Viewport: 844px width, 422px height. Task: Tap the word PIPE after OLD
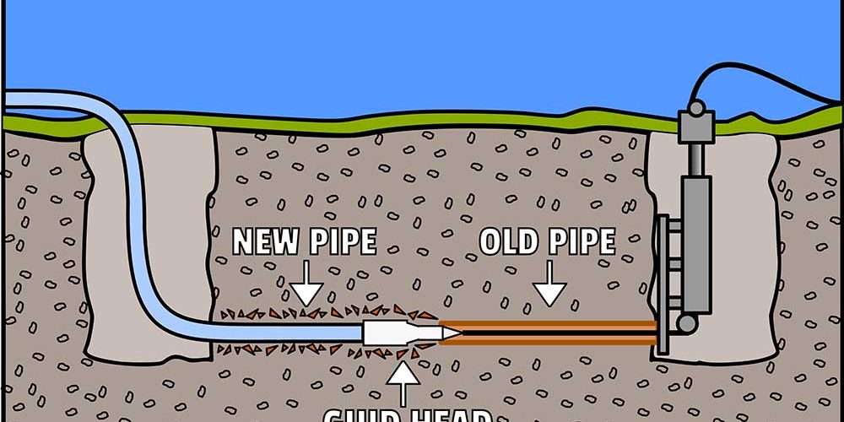(582, 242)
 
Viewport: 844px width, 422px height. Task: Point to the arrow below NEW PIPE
(306, 288)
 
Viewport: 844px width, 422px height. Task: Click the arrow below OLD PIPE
(550, 288)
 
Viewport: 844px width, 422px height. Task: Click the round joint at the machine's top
(695, 108)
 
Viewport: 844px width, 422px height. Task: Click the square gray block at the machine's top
(695, 127)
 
